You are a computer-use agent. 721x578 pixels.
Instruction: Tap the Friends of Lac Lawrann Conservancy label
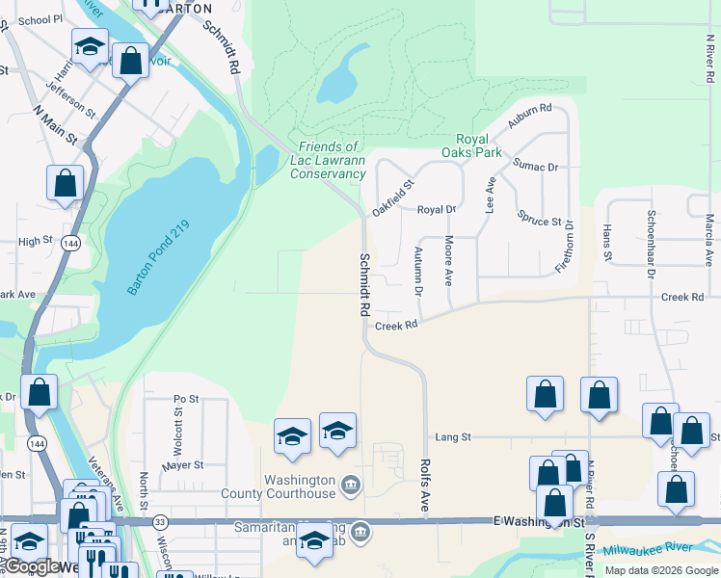(x=328, y=160)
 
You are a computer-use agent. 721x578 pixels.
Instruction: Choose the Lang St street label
(x=452, y=436)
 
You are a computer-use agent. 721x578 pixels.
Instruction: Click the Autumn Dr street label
(x=419, y=271)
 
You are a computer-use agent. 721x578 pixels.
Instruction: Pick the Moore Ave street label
(x=448, y=260)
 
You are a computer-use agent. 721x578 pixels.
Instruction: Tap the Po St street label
(x=186, y=398)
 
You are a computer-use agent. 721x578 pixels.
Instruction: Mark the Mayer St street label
(x=183, y=465)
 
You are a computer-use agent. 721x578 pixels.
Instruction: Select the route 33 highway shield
(x=160, y=521)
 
